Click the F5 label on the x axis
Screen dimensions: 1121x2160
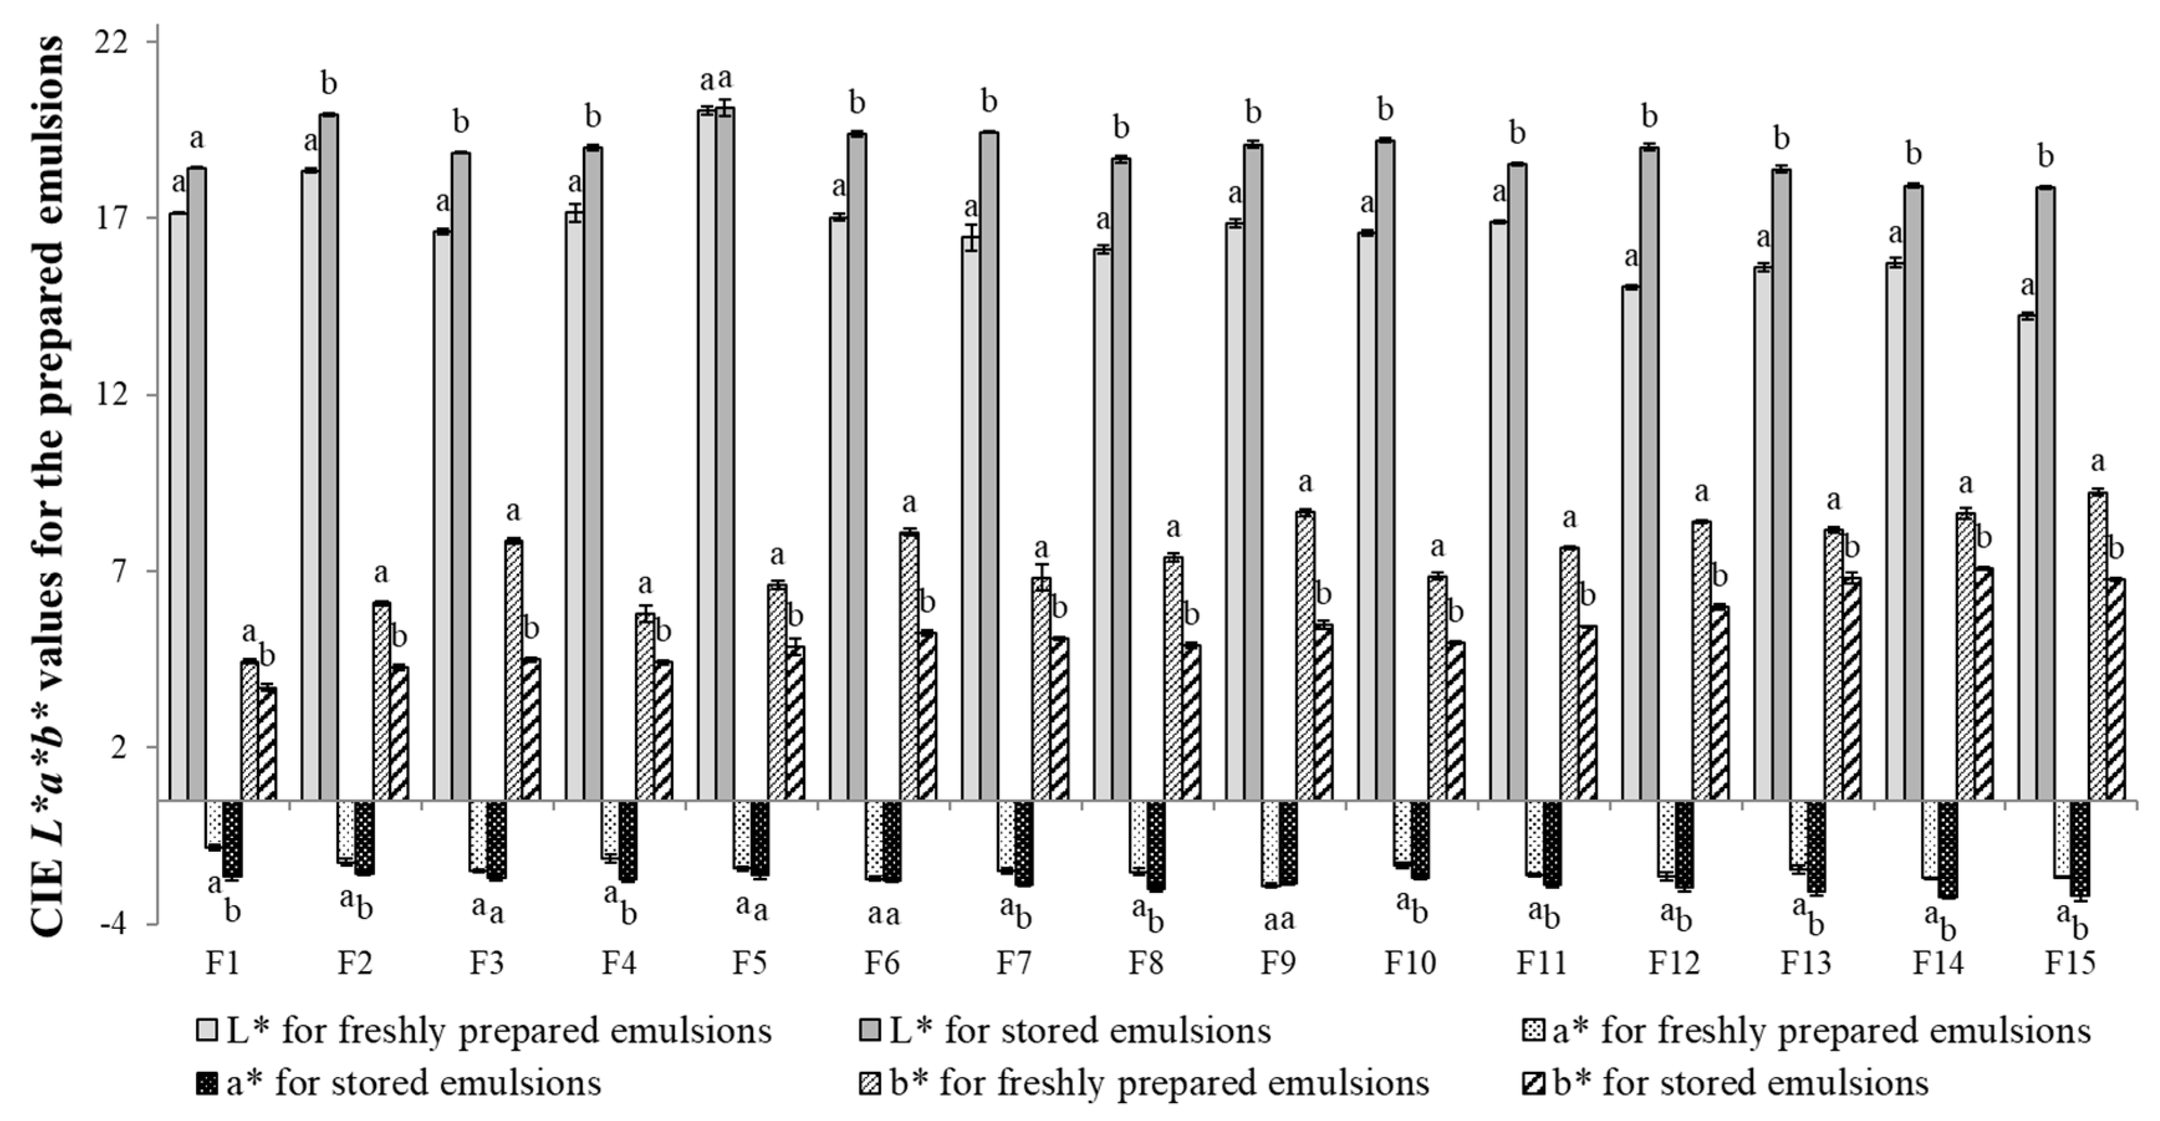pos(750,963)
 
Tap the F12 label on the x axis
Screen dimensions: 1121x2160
pos(1674,963)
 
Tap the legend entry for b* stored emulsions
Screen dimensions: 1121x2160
pos(1740,1082)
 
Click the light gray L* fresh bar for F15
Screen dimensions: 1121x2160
pos(2027,558)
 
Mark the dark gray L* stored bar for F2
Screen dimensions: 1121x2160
pos(329,457)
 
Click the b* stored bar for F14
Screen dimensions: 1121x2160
pos(1983,683)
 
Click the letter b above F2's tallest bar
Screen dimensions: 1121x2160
pos(329,83)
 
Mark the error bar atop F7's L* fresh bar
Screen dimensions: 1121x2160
pos(971,238)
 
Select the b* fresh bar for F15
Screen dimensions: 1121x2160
pos(2097,645)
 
